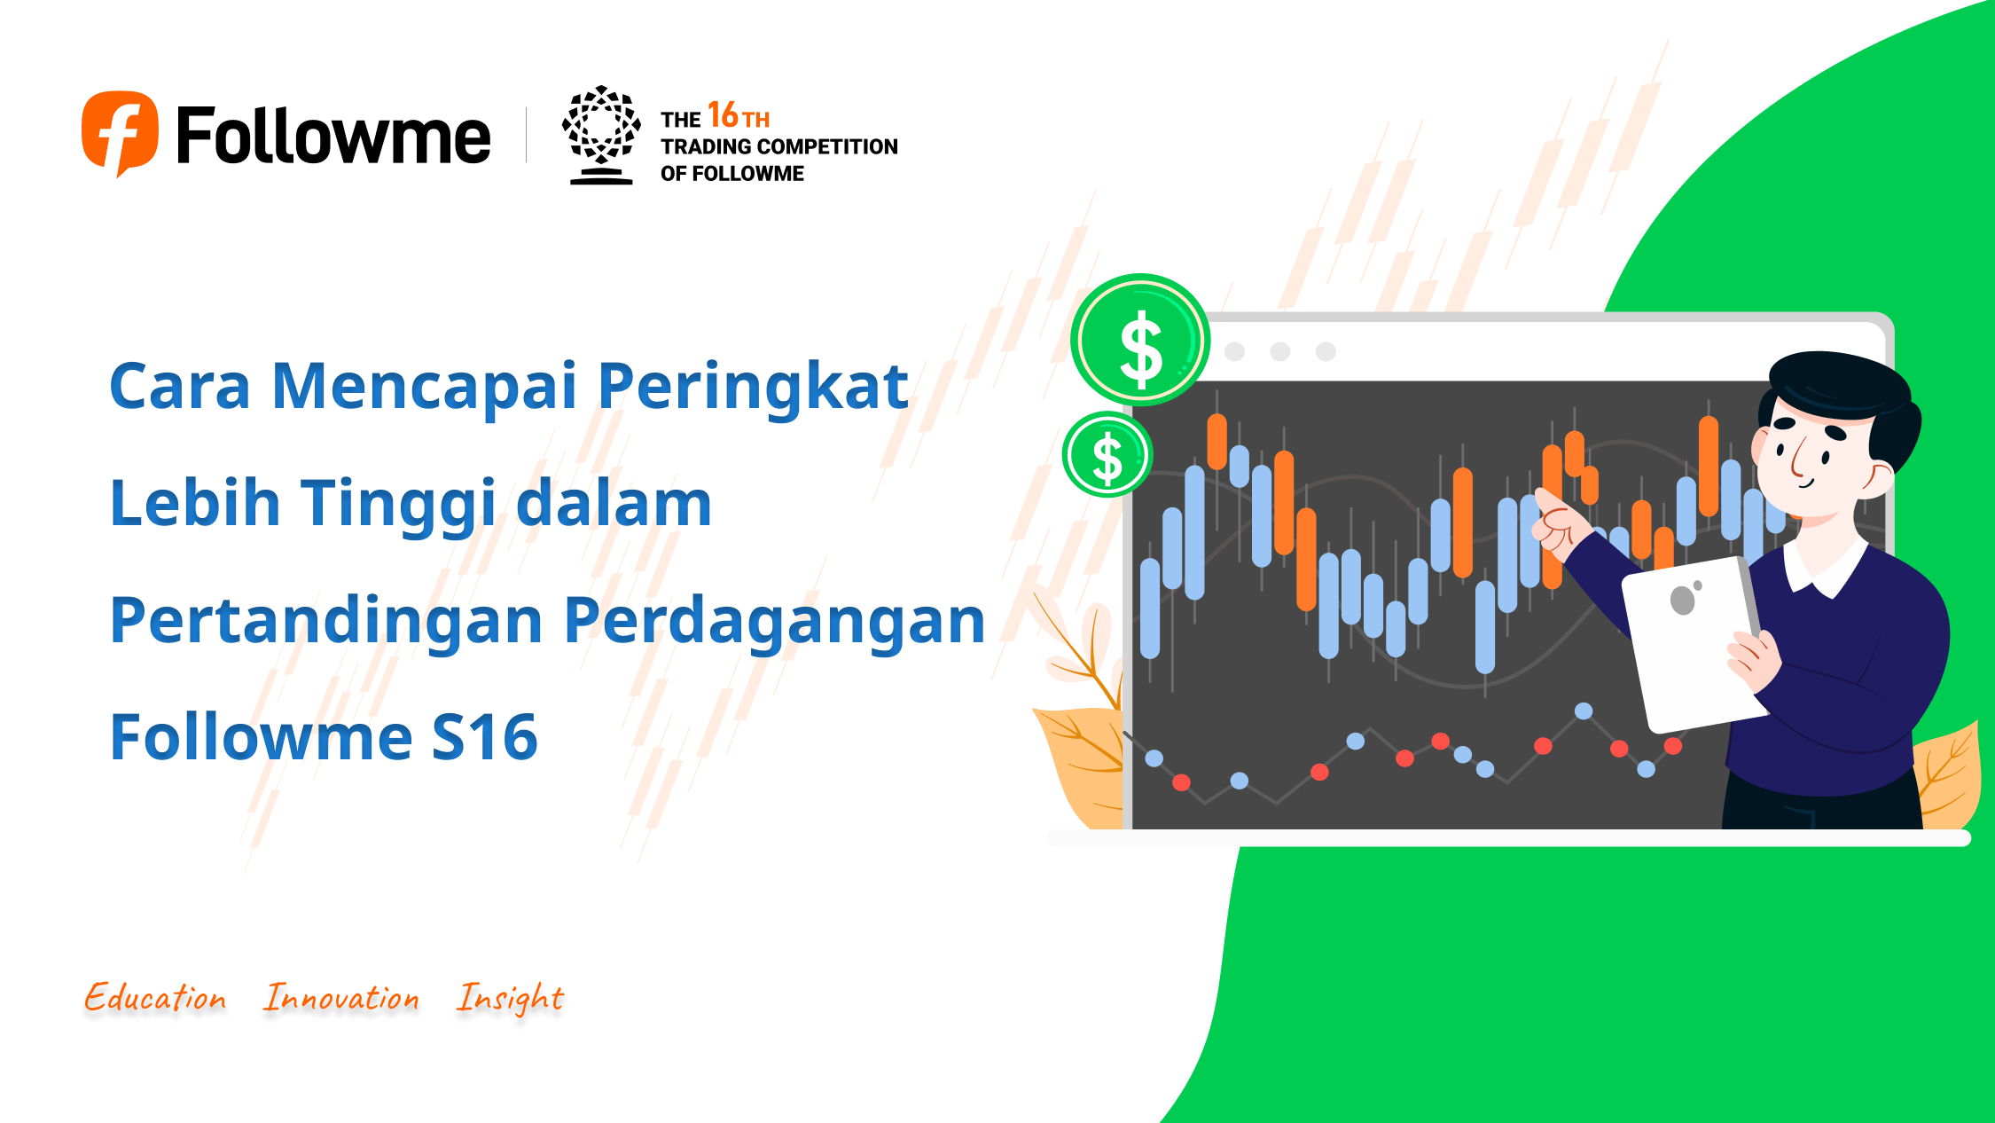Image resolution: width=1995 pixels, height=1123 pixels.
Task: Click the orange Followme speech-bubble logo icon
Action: [x=120, y=133]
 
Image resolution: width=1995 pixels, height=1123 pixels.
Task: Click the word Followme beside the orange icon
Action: [x=333, y=136]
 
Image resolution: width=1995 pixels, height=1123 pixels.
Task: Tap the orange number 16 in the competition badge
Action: [x=723, y=115]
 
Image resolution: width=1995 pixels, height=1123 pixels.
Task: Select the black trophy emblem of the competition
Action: [x=601, y=135]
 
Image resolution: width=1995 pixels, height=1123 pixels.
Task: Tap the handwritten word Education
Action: [x=155, y=997]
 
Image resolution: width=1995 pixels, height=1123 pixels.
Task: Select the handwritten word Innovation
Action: [x=341, y=997]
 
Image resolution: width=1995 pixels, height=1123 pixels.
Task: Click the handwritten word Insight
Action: [x=510, y=999]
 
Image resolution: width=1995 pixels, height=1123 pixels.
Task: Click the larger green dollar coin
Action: [x=1140, y=340]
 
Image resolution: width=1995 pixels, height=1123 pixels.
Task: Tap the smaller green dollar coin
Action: [x=1107, y=454]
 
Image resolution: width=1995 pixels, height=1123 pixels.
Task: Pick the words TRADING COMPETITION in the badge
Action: [x=779, y=146]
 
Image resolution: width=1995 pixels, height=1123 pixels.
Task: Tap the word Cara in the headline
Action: [x=180, y=388]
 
